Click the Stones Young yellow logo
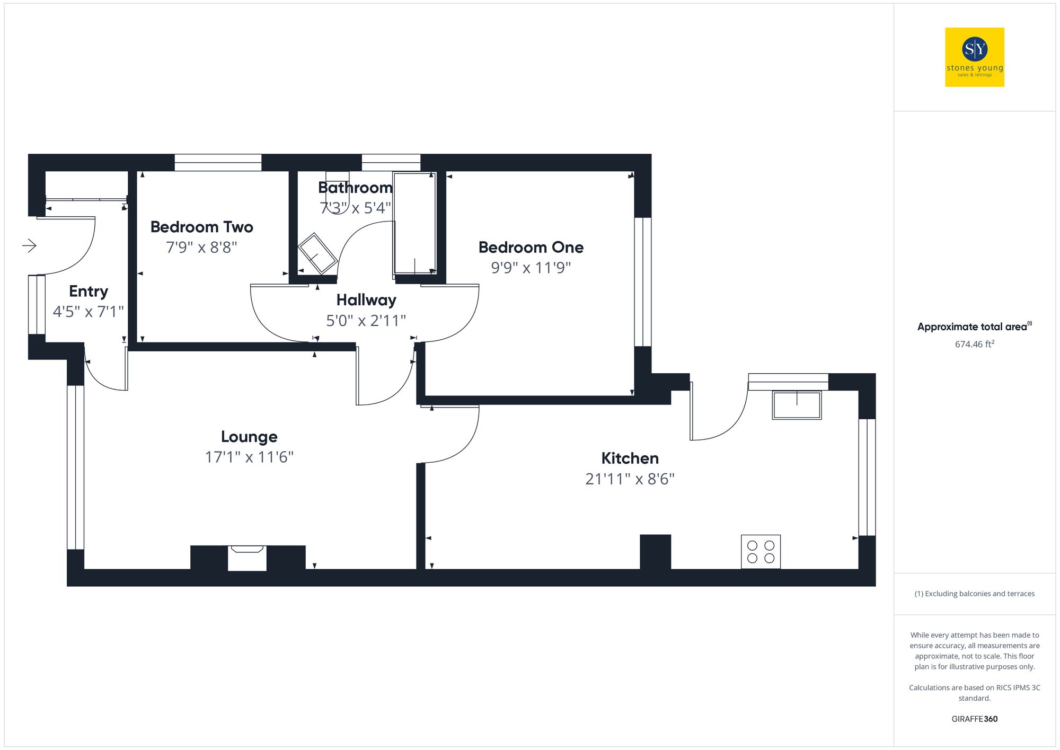click(974, 57)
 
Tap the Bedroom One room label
click(531, 248)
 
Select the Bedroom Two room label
click(201, 227)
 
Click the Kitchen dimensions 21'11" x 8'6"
click(630, 479)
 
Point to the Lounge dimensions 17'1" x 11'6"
click(249, 457)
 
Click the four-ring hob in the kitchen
click(761, 552)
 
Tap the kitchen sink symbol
click(796, 405)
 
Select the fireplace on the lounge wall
click(247, 558)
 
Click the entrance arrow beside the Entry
click(29, 245)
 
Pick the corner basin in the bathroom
click(317, 253)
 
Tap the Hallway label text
click(366, 300)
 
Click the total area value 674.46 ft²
click(974, 344)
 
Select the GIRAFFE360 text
click(974, 719)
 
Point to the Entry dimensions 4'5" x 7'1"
click(88, 312)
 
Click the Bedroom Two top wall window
click(218, 162)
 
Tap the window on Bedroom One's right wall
click(642, 281)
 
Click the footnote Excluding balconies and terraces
click(974, 594)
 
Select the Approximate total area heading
click(974, 327)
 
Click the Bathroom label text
click(355, 188)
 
